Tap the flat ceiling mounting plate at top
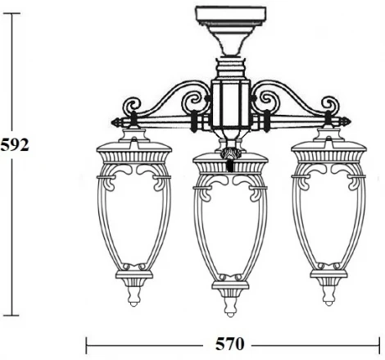233,14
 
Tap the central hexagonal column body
231,103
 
